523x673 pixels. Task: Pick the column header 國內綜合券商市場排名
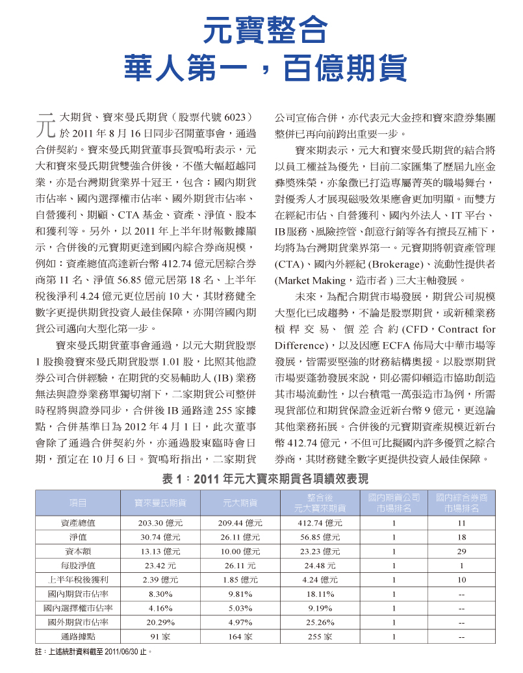point(461,503)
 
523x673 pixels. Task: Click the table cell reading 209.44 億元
point(240,523)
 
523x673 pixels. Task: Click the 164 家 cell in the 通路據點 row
point(240,637)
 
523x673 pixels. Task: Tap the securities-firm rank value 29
point(461,551)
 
